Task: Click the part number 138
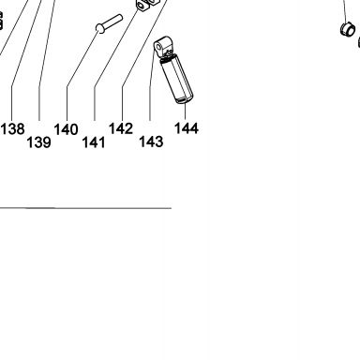coord(12,128)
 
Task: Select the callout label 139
coord(38,142)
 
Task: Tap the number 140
coord(66,129)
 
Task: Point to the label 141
coord(94,142)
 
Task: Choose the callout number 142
coord(121,128)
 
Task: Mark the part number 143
coord(151,142)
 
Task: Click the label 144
coord(187,128)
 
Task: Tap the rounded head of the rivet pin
coord(100,28)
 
